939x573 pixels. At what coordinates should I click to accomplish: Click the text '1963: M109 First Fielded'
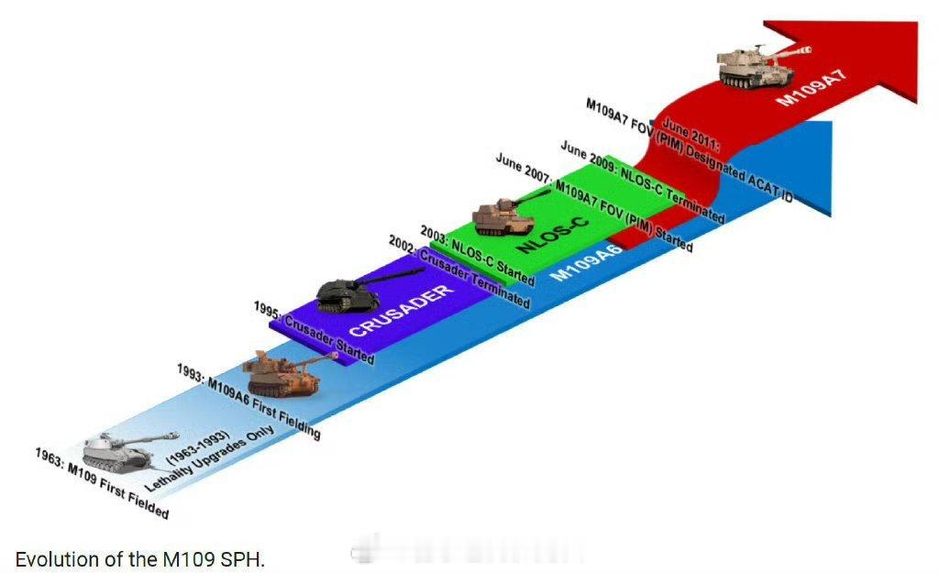tap(102, 483)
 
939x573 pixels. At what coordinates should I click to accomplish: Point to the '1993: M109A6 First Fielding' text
tap(249, 401)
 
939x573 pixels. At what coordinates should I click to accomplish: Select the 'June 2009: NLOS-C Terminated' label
tap(642, 182)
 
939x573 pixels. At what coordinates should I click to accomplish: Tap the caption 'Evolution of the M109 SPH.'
tap(139, 559)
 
